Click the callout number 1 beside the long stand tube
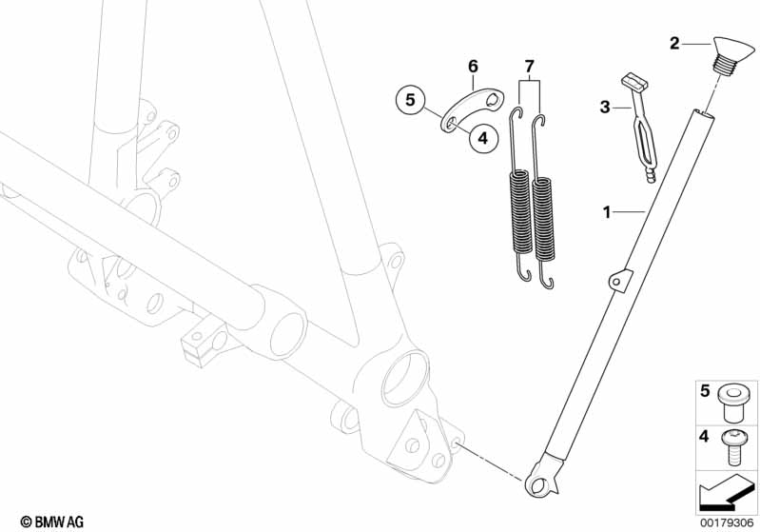point(606,212)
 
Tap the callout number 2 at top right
point(674,43)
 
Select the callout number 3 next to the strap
point(604,107)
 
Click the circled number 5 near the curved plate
point(411,100)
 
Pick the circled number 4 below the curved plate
point(483,138)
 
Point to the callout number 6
point(473,66)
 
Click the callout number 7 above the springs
point(529,66)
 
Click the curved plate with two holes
point(471,109)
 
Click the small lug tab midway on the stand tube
point(620,280)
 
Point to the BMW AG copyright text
point(52,522)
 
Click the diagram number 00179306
point(727,522)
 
